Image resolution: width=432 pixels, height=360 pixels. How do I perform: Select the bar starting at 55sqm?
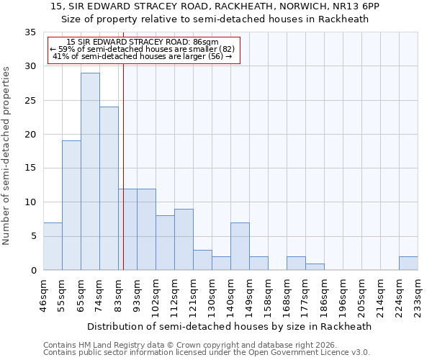point(71,205)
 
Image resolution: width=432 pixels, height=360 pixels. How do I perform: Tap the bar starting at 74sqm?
point(109,189)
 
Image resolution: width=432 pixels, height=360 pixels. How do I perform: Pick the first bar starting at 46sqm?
point(53,246)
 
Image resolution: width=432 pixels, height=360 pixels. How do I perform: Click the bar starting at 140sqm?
point(240,246)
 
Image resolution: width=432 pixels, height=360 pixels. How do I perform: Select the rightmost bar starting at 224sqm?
point(408,264)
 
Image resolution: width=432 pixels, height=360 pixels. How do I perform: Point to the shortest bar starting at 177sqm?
point(315,266)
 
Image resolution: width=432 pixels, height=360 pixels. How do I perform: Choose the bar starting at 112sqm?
point(184,240)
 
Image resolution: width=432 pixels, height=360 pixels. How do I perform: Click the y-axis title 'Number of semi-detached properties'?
point(7,155)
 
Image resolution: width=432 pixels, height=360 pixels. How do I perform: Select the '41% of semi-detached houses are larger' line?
point(142,56)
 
